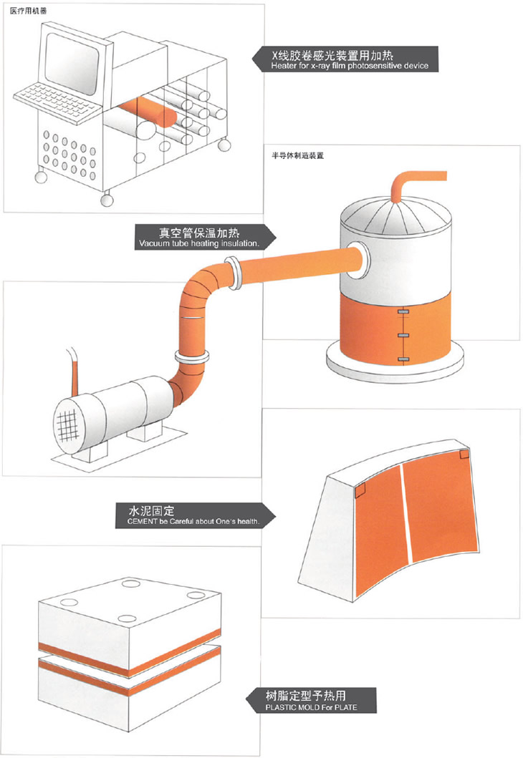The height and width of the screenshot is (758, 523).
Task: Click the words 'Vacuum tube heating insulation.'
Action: [197, 244]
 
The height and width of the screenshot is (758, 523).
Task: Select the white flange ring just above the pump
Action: [191, 355]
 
